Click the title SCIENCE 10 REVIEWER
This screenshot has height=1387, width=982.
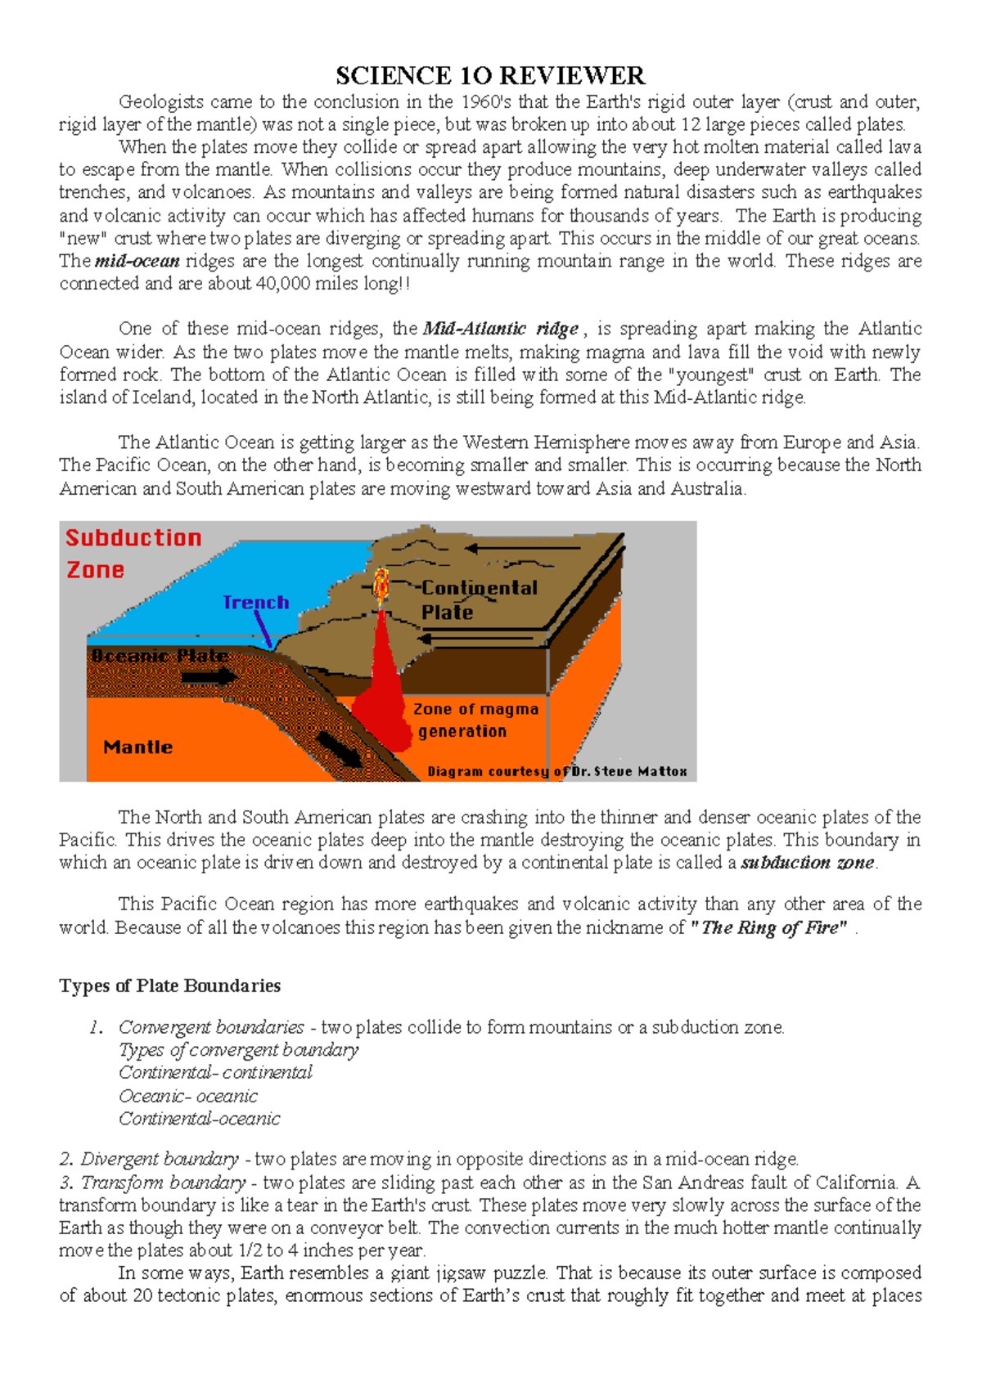pyautogui.click(x=490, y=76)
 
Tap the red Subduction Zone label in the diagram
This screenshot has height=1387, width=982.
pyautogui.click(x=133, y=553)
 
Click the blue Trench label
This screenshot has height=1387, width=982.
pyautogui.click(x=256, y=603)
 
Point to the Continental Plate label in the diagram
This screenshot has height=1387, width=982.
pyautogui.click(x=479, y=599)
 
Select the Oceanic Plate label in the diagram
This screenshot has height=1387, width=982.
pyautogui.click(x=160, y=656)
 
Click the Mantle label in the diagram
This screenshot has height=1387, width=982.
pyautogui.click(x=137, y=747)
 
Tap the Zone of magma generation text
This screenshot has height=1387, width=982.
pyautogui.click(x=475, y=720)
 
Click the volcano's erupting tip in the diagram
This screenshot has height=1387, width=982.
pyautogui.click(x=381, y=583)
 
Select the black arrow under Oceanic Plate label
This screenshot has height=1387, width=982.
pyautogui.click(x=209, y=677)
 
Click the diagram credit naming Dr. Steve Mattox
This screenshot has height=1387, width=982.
pyautogui.click(x=556, y=771)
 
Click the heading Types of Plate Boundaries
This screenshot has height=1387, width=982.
pyautogui.click(x=169, y=985)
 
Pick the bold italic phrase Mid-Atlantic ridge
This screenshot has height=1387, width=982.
pyautogui.click(x=501, y=329)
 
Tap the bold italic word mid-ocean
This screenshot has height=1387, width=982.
pyautogui.click(x=137, y=262)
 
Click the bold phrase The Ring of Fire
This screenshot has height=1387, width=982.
pyautogui.click(x=770, y=927)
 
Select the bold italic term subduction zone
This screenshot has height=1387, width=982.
pyautogui.click(x=808, y=862)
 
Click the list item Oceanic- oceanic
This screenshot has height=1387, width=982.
pyautogui.click(x=187, y=1096)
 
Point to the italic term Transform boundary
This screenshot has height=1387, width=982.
pyautogui.click(x=163, y=1182)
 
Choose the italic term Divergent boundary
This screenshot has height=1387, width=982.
pyautogui.click(x=160, y=1159)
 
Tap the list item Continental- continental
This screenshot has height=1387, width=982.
pyautogui.click(x=215, y=1072)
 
